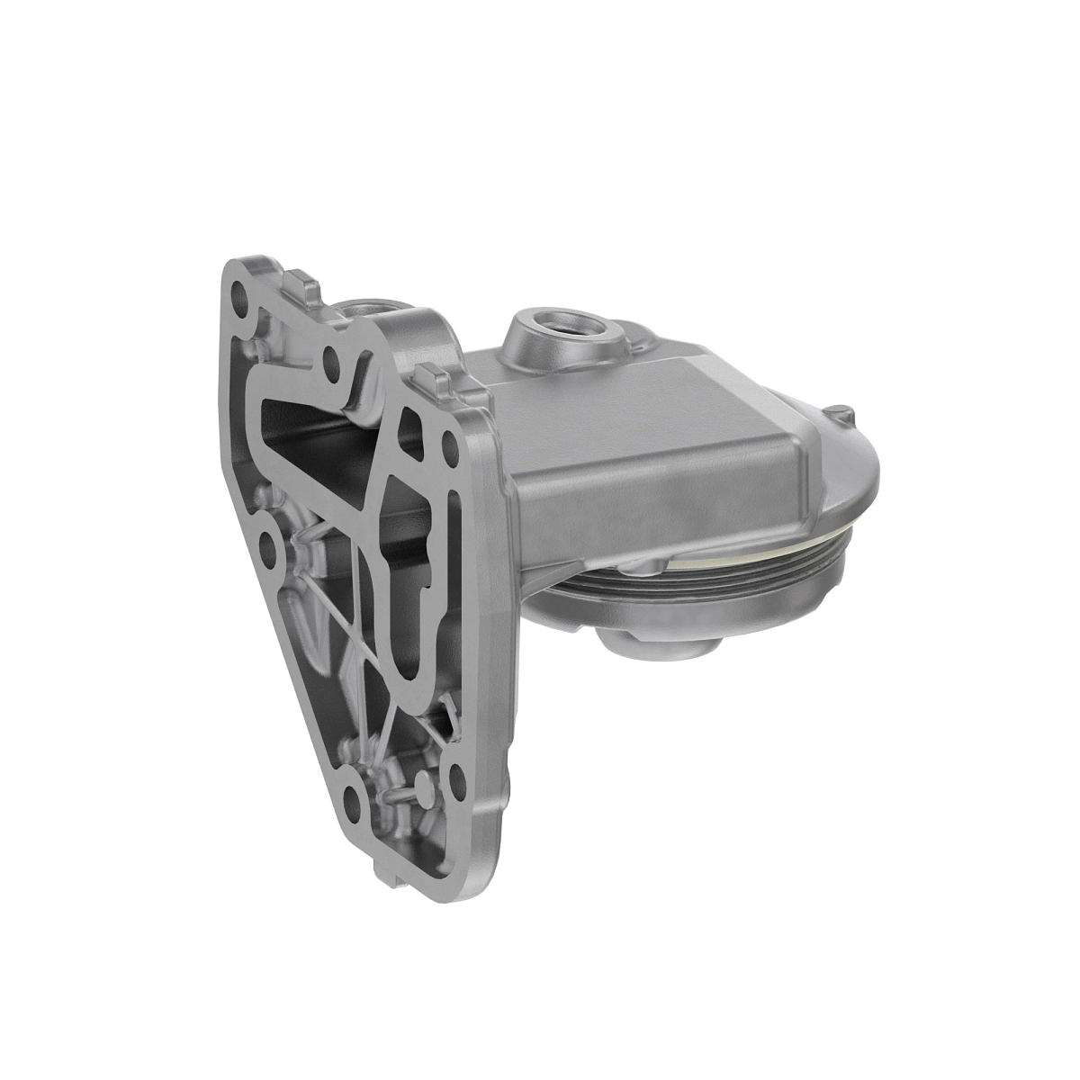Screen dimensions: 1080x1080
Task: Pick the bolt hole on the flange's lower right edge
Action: click(x=456, y=770)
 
